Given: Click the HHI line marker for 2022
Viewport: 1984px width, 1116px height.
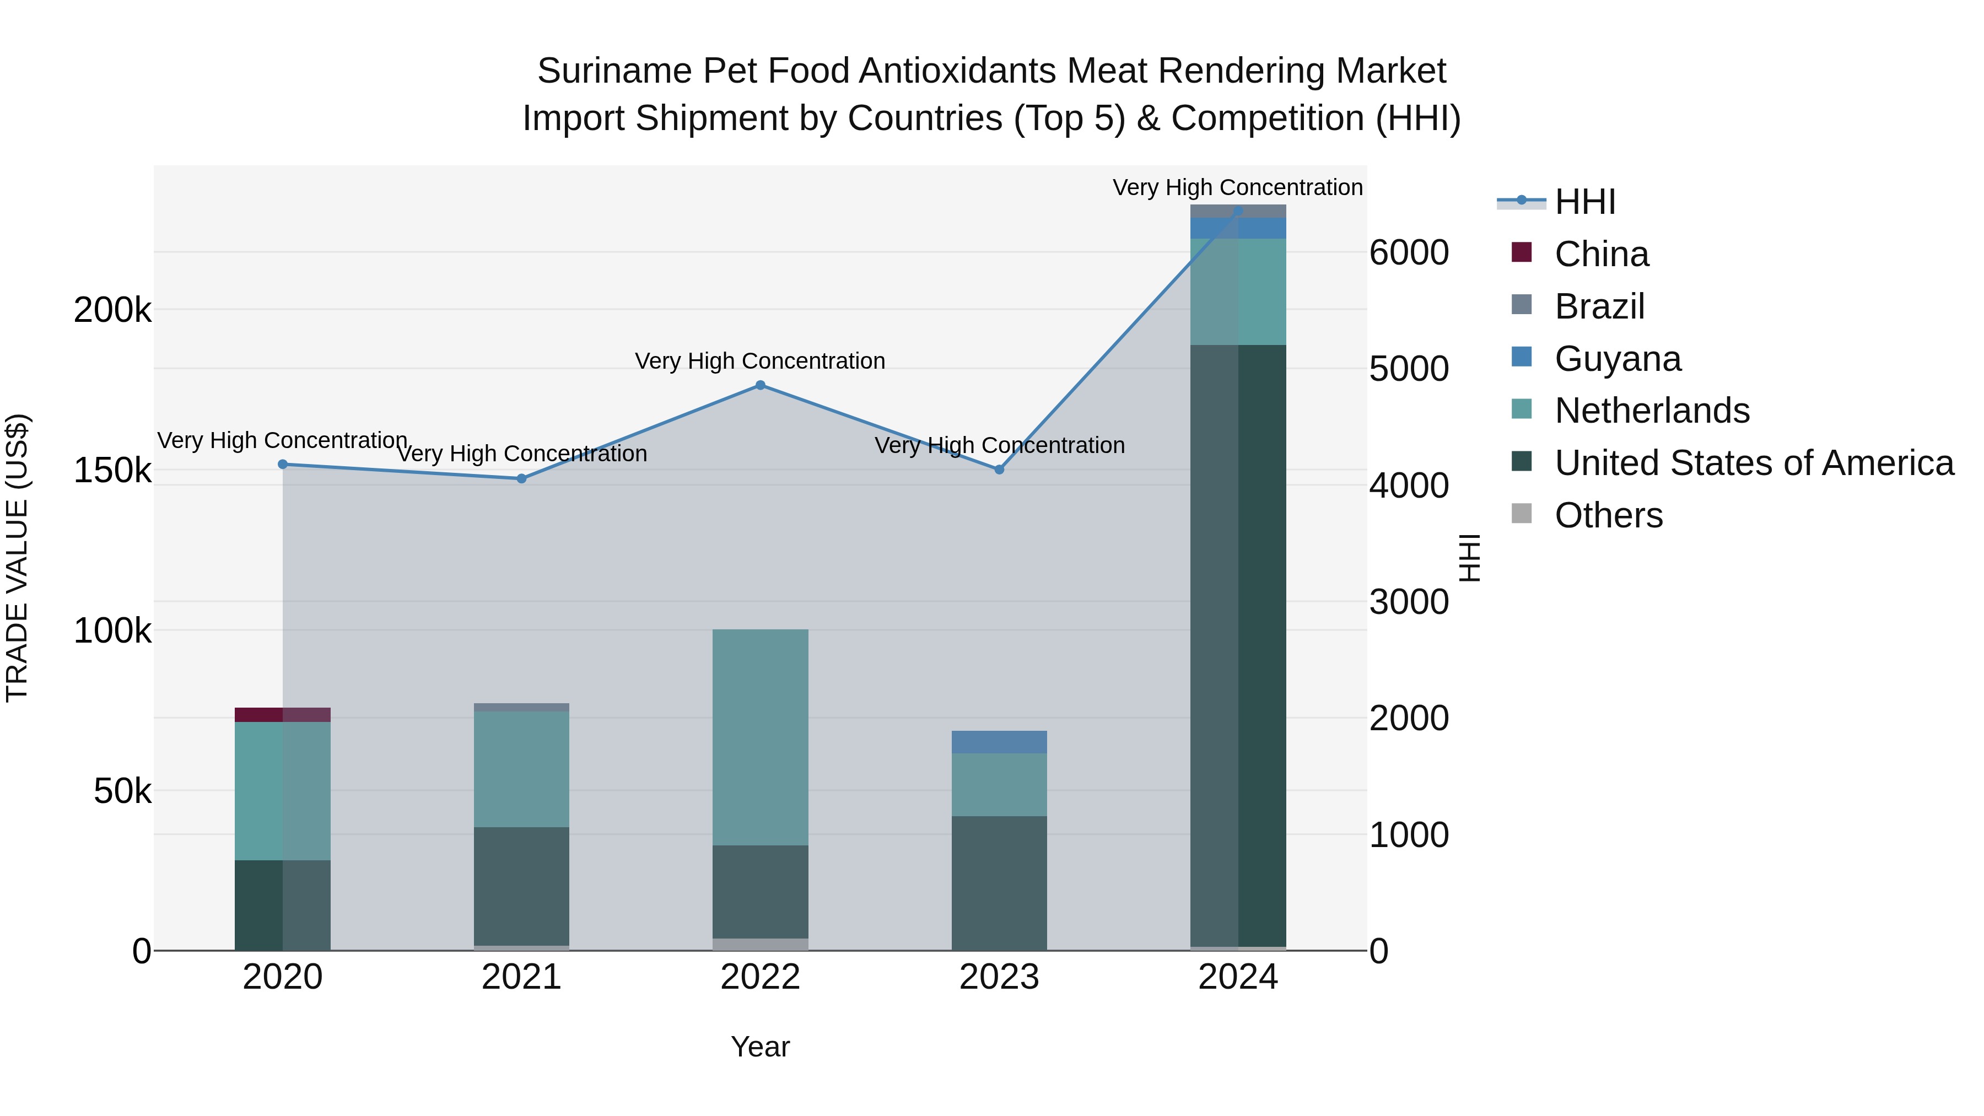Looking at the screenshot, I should click(x=760, y=385).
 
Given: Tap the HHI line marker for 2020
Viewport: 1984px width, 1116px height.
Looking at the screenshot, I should click(x=283, y=465).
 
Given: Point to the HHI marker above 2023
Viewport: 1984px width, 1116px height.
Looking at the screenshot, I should click(x=999, y=470).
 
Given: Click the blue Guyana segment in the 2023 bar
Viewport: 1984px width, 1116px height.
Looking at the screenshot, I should click(x=999, y=742).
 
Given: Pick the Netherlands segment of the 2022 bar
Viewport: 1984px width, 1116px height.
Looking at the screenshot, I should click(x=760, y=737).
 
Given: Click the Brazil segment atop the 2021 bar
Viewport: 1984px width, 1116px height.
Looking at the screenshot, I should click(x=521, y=707).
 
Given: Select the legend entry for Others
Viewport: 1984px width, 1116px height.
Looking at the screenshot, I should click(x=1608, y=515).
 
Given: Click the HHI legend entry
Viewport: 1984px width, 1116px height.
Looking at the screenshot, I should click(x=1584, y=202).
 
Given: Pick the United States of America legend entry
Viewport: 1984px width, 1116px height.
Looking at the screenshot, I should click(x=1753, y=463).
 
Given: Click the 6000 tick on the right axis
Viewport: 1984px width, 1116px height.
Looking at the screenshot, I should click(x=1409, y=252).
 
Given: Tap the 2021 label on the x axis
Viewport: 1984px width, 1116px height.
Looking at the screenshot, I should click(x=521, y=977).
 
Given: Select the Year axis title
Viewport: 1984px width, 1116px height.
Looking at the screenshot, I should click(x=760, y=1047).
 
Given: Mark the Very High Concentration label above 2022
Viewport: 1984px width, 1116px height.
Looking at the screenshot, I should click(x=760, y=360).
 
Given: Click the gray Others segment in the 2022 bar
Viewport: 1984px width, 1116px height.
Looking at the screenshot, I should click(x=760, y=944).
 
